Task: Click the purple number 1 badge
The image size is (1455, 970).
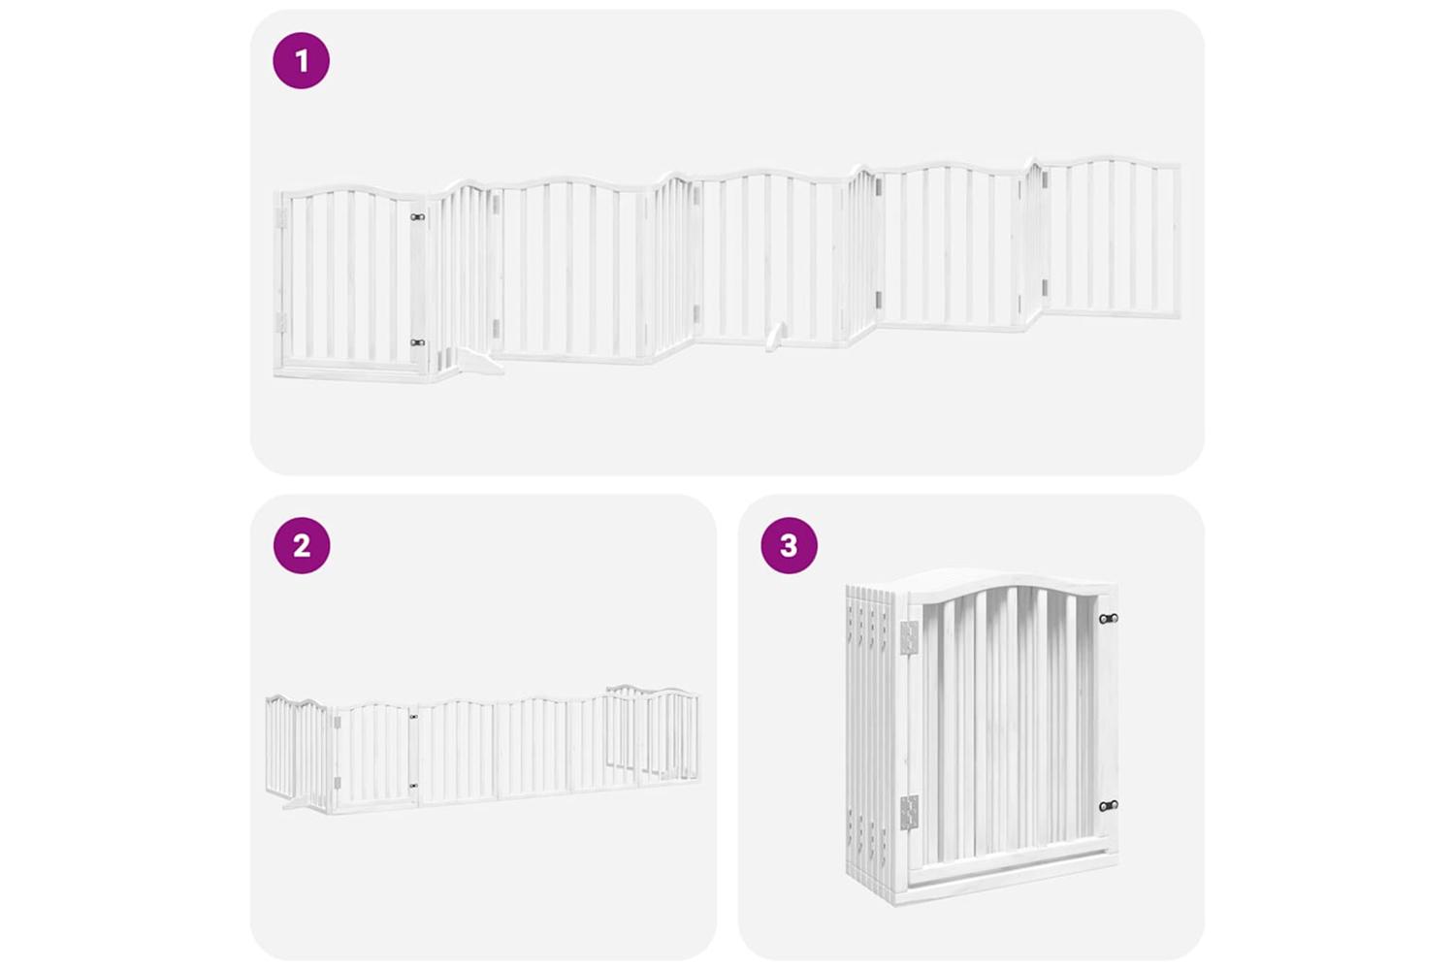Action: coord(301,60)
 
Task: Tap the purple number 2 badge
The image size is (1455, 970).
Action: coord(302,545)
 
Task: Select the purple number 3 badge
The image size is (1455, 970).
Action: coord(789,545)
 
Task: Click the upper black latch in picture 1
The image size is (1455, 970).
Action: coord(418,217)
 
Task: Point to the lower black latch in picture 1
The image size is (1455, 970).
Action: coord(418,342)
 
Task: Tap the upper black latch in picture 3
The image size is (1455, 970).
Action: coord(1108,618)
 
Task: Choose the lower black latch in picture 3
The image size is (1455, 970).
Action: coord(1108,806)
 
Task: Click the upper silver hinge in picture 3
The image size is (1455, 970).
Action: coord(910,638)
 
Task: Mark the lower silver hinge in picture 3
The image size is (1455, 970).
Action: coord(910,813)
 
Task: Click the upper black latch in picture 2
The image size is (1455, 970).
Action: coord(414,717)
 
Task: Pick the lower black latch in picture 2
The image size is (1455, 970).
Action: coord(414,787)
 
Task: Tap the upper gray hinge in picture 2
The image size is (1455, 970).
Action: coord(337,722)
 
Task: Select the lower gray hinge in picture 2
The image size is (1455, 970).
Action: coord(337,783)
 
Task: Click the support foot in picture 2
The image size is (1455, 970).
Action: coord(296,805)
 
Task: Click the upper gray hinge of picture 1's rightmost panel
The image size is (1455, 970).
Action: coord(1045,178)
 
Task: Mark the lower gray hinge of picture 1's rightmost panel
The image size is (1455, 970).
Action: coord(1045,288)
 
